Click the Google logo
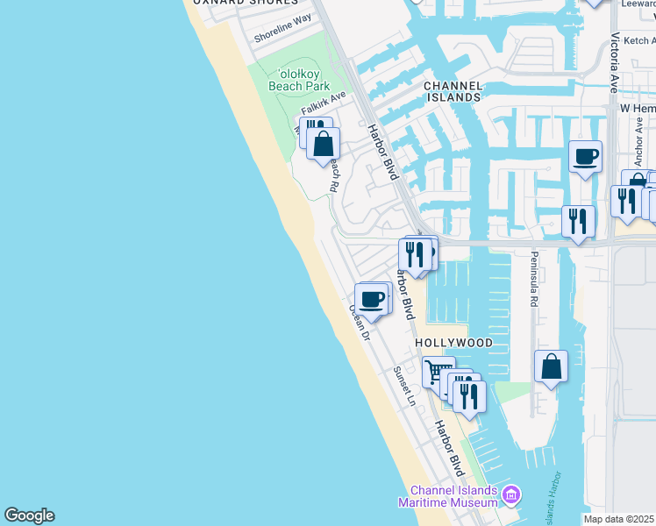[29, 515]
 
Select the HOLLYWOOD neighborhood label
[453, 343]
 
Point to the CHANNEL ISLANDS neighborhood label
[453, 91]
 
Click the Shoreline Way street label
[283, 30]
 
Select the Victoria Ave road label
[615, 64]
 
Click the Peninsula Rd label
[533, 279]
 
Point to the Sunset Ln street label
[404, 387]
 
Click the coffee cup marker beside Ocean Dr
[372, 300]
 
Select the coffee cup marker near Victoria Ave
[585, 157]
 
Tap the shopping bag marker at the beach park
[323, 145]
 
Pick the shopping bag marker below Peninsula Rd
[551, 367]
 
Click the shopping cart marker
[439, 372]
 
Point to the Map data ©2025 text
[619, 519]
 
